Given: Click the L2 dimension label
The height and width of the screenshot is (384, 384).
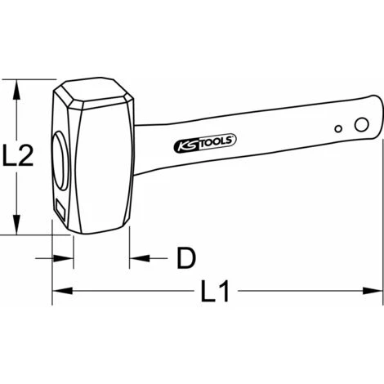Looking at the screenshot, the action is point(18,155).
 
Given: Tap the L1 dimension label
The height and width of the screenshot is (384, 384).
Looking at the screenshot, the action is point(215,292).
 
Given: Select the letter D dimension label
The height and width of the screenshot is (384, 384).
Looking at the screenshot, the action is point(186,258).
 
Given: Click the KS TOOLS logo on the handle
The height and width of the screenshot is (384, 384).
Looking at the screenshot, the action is point(205,143).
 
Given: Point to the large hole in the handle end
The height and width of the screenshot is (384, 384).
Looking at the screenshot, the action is point(362,124).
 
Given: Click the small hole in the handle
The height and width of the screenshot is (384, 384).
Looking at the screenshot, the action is point(338,129).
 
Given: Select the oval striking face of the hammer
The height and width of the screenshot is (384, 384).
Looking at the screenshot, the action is point(61,161).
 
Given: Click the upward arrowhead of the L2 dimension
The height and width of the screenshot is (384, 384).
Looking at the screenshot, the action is point(17,90).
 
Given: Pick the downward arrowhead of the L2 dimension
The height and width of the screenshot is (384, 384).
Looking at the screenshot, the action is point(17,225).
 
